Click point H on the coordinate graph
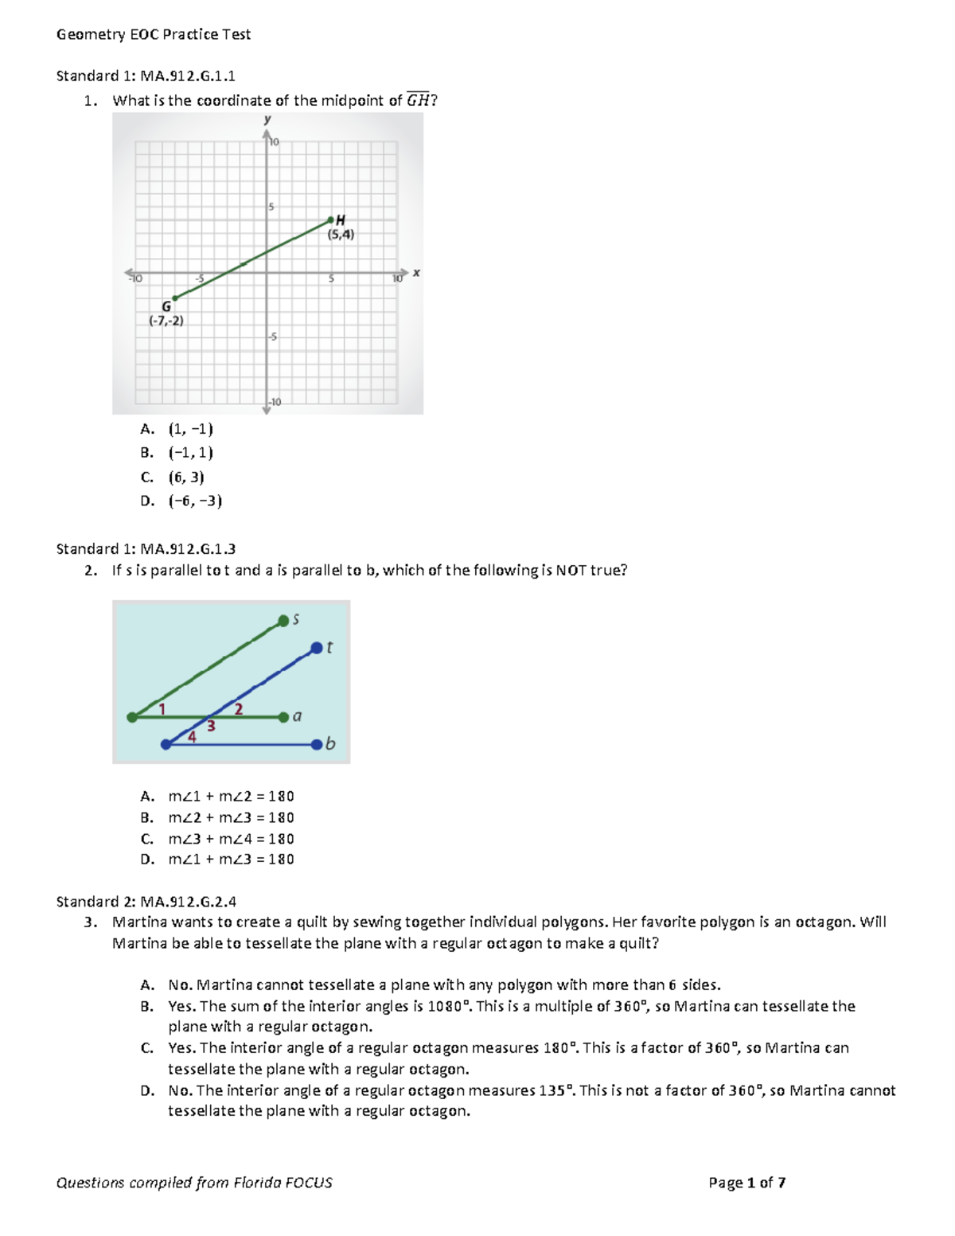pos(331,220)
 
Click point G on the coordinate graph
pos(175,298)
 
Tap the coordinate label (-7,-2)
pos(166,321)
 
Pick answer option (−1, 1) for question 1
pos(190,453)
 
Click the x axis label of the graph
pos(416,273)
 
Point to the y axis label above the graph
pos(267,119)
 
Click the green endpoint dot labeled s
pos(283,621)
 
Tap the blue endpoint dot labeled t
pos(316,648)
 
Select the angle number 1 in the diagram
pos(162,708)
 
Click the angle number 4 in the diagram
pos(192,737)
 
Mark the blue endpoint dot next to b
pos(317,744)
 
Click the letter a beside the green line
pos(297,716)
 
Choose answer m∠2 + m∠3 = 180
pos(231,817)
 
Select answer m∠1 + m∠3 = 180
pos(231,860)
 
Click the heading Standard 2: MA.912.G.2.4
pos(146,902)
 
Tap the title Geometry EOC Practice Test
pos(154,34)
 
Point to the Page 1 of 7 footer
pos(746,1183)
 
